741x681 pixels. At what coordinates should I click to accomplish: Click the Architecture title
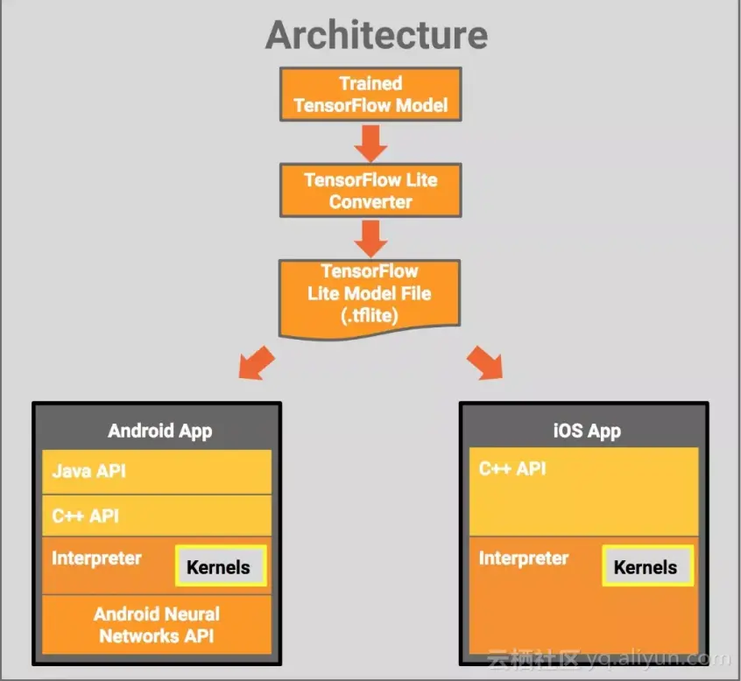(x=377, y=36)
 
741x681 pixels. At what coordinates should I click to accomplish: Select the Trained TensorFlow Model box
(x=370, y=95)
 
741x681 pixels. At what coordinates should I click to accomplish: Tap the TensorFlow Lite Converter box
(x=370, y=190)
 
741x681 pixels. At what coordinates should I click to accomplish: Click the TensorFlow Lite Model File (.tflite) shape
(x=369, y=294)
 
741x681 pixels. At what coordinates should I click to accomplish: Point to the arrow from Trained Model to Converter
(x=370, y=142)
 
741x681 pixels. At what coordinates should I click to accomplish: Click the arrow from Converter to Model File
(x=370, y=236)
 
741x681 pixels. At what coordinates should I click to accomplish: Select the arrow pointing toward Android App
(x=257, y=362)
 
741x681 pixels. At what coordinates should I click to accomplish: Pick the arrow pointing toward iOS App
(x=484, y=362)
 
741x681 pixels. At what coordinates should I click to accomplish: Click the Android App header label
(x=159, y=431)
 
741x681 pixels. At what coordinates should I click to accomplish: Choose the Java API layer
(x=88, y=471)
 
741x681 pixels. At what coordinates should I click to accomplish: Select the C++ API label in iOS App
(x=512, y=469)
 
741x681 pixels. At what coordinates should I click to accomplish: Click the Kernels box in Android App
(x=219, y=567)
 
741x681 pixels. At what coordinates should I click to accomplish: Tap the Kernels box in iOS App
(x=646, y=566)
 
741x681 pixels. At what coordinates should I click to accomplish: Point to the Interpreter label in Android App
(x=96, y=558)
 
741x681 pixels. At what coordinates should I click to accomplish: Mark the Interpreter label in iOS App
(x=524, y=558)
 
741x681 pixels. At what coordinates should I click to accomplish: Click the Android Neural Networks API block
(x=158, y=625)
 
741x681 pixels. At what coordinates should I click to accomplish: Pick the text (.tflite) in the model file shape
(x=369, y=315)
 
